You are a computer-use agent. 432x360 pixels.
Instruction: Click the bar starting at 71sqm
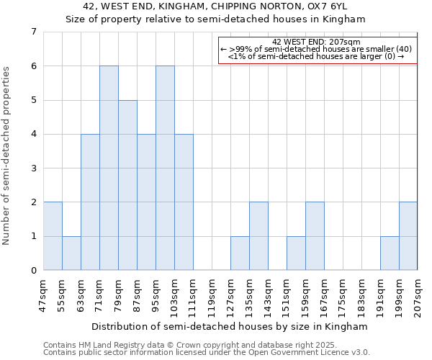tap(109, 168)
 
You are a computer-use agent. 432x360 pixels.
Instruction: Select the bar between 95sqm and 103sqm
tap(165, 168)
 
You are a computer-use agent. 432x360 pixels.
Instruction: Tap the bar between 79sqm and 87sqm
tap(127, 185)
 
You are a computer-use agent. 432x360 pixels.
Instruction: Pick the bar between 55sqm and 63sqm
tap(71, 253)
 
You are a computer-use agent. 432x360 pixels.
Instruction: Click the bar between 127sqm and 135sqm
tap(240, 253)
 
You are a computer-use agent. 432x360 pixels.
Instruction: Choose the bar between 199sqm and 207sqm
tap(408, 236)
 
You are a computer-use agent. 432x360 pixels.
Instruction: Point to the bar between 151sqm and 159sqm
tap(296, 253)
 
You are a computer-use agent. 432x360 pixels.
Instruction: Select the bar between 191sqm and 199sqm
tap(390, 253)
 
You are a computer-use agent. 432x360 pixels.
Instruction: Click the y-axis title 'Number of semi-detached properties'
tap(7, 156)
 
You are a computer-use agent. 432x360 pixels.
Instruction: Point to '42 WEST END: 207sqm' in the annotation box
tap(317, 42)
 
